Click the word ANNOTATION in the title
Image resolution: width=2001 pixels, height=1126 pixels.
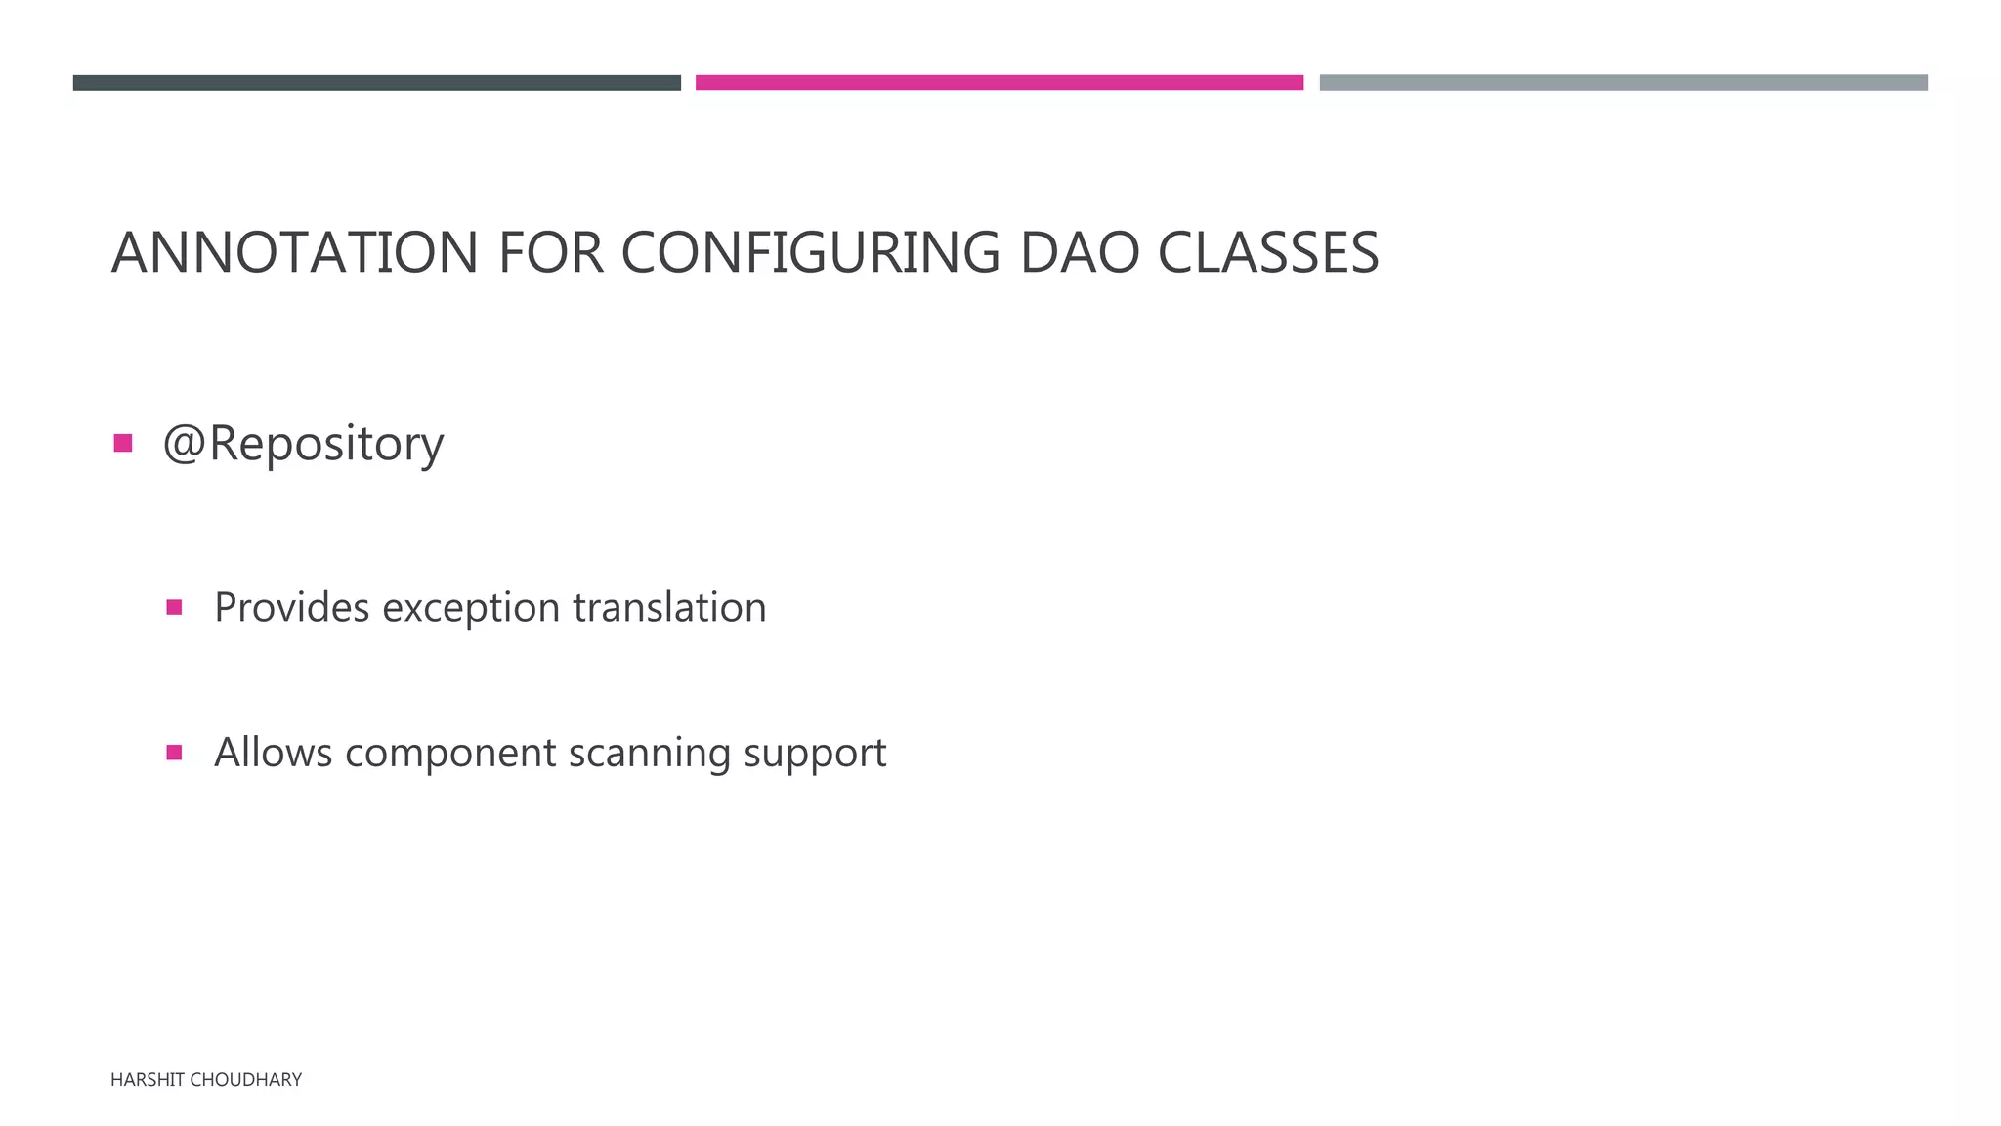(294, 253)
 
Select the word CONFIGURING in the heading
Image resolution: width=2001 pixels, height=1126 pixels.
(810, 253)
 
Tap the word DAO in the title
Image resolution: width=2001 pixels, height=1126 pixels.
(1079, 253)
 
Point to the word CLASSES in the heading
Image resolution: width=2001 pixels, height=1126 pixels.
(1268, 253)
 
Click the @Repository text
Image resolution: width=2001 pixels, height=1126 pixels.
(303, 445)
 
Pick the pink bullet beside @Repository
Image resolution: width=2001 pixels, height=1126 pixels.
(123, 444)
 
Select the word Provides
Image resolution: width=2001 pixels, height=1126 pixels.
(291, 608)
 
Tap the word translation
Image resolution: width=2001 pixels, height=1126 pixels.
(669, 608)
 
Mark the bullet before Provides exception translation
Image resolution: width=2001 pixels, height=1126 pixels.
(174, 608)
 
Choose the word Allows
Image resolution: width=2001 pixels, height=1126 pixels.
(273, 753)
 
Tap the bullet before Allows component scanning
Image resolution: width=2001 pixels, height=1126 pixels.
(174, 753)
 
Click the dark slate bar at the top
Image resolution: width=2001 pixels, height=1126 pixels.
(376, 83)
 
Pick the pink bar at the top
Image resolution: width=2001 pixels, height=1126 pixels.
(999, 83)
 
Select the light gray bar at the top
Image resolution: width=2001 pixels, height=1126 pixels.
(1623, 83)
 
